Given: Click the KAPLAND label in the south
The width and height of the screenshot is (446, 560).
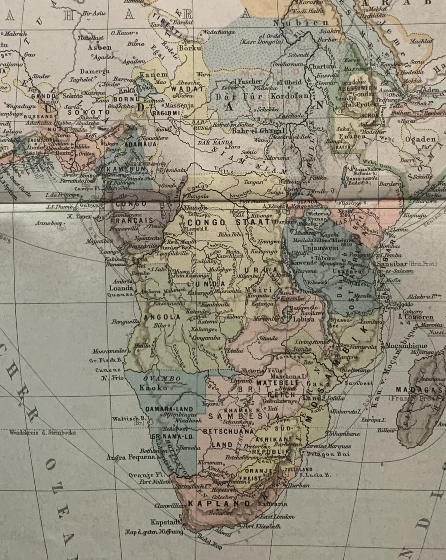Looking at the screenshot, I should (x=219, y=503).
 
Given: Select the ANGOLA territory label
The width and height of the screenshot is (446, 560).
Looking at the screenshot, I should (x=162, y=317).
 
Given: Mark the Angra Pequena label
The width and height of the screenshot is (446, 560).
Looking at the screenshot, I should (x=125, y=457).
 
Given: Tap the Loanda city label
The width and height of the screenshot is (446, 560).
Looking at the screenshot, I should (x=121, y=288).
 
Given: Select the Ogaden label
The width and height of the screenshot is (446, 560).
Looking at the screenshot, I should (x=420, y=139).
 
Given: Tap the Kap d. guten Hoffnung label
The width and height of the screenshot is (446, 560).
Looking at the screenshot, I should (x=153, y=532).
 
